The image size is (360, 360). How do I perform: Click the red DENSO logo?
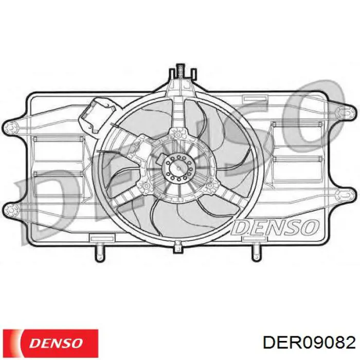click(x=51, y=341)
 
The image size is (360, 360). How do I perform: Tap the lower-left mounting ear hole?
click(x=12, y=209)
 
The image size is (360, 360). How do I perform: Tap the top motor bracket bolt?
click(x=181, y=134)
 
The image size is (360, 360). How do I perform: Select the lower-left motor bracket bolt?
click(x=146, y=186)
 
